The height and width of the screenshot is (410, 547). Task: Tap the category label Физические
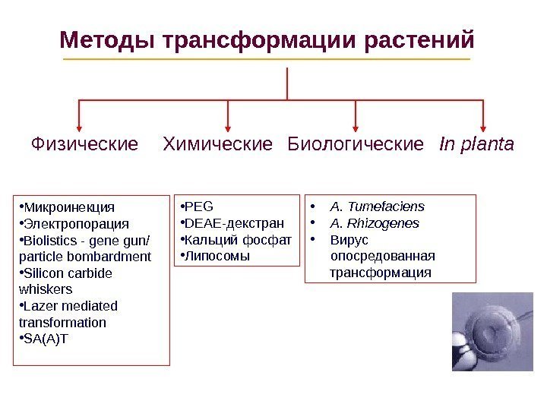[84, 143]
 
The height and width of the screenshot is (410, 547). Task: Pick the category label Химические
[218, 143]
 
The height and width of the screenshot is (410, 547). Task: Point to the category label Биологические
[356, 143]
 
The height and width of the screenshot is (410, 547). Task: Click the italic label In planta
[477, 143]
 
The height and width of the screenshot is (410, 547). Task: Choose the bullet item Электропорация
[77, 224]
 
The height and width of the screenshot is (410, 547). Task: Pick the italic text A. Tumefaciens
[378, 206]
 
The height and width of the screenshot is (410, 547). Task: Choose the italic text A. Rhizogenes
[375, 223]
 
